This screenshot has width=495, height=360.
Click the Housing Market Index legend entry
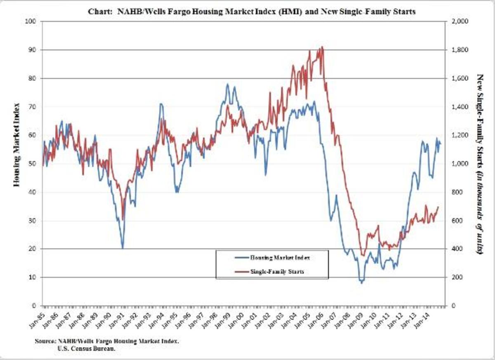pos(280,257)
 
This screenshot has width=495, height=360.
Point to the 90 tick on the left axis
pos(32,50)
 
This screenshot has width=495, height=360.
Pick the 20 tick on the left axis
pos(32,249)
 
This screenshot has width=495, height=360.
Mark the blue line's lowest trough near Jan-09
pos(362,283)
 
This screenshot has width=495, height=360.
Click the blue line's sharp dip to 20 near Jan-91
pos(123,248)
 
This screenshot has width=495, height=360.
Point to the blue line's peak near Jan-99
pos(227,84)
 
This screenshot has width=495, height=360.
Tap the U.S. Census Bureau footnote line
pos(83,349)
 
